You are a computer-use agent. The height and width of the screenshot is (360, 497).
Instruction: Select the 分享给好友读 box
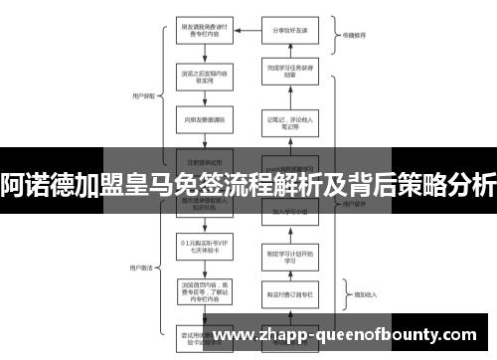pos(286,30)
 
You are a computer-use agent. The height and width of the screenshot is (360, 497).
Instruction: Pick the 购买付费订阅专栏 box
pos(286,294)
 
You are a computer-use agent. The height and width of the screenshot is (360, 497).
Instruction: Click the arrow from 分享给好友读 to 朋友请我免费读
pos(243,30)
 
